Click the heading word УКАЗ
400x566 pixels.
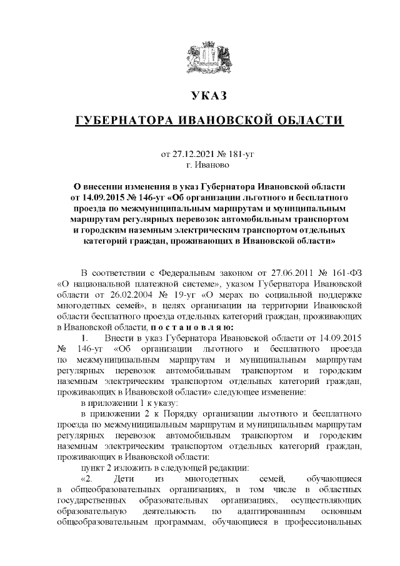pos(200,96)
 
